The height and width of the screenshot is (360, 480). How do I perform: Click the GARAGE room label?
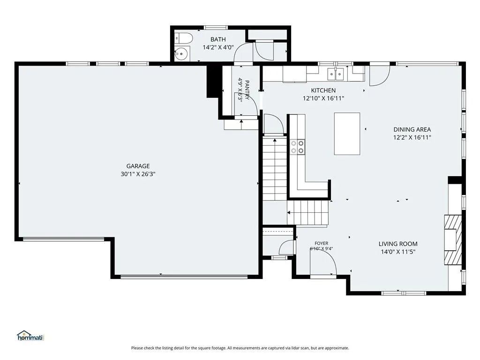pyautogui.click(x=138, y=166)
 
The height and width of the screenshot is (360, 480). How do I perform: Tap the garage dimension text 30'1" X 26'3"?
pyautogui.click(x=138, y=174)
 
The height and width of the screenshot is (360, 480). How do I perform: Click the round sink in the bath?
pyautogui.click(x=182, y=54)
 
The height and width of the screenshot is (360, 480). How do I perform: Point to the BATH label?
pyautogui.click(x=218, y=39)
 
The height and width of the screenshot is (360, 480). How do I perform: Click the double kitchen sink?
pyautogui.click(x=336, y=74)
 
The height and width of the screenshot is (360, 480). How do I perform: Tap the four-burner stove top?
pyautogui.click(x=298, y=147)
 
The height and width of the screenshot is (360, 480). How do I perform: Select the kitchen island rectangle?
pyautogui.click(x=347, y=134)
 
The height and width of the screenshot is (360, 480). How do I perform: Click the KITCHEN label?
pyautogui.click(x=323, y=90)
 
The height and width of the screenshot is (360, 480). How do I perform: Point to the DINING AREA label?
pyautogui.click(x=412, y=129)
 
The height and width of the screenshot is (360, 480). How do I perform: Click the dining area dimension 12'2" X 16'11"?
pyautogui.click(x=412, y=138)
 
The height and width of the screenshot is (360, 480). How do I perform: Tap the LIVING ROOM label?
pyautogui.click(x=398, y=244)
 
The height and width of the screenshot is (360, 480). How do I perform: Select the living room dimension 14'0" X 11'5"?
pyautogui.click(x=398, y=252)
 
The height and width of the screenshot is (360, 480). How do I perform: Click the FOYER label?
pyautogui.click(x=322, y=243)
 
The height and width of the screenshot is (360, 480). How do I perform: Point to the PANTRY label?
pyautogui.click(x=247, y=90)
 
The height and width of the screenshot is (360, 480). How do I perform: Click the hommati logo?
pyautogui.click(x=30, y=336)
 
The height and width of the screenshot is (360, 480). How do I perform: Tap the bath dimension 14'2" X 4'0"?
pyautogui.click(x=218, y=47)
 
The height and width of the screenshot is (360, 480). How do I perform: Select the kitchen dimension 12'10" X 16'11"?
pyautogui.click(x=323, y=98)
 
